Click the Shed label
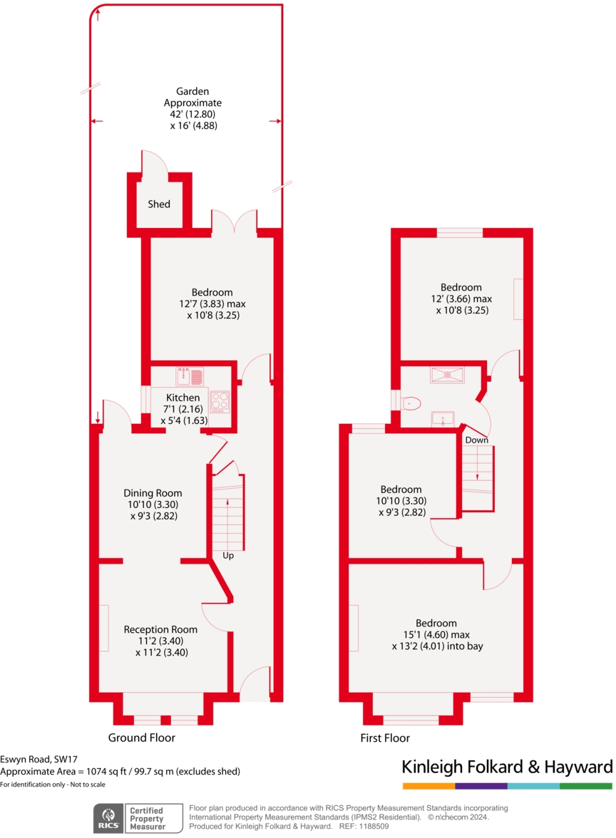tap(159, 205)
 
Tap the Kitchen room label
tap(183, 398)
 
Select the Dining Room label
tap(153, 493)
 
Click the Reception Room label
tap(160, 630)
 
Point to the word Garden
tap(192, 91)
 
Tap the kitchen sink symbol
tap(190, 376)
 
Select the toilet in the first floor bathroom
tap(409, 404)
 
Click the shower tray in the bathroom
tap(446, 375)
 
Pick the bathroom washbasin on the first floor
tap(444, 418)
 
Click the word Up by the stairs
tap(228, 555)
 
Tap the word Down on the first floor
tap(477, 440)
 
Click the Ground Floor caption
tap(141, 738)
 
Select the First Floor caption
tap(385, 738)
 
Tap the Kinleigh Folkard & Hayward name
tap(507, 767)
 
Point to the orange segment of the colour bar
tap(428, 786)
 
